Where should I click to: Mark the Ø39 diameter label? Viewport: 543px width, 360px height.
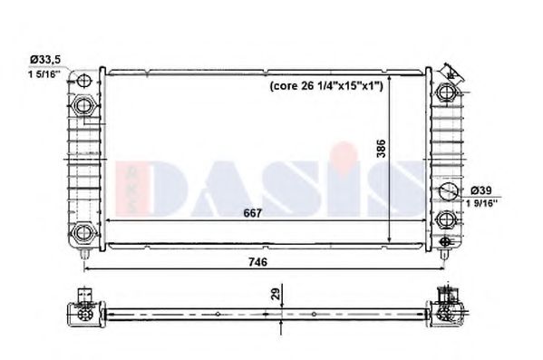click(482, 190)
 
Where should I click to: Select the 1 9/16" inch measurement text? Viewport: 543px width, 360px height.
click(484, 204)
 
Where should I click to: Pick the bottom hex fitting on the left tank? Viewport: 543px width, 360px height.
click(84, 229)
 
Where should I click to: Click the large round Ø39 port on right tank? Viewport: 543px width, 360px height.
click(446, 191)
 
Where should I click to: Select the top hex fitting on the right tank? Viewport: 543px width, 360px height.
click(446, 91)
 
